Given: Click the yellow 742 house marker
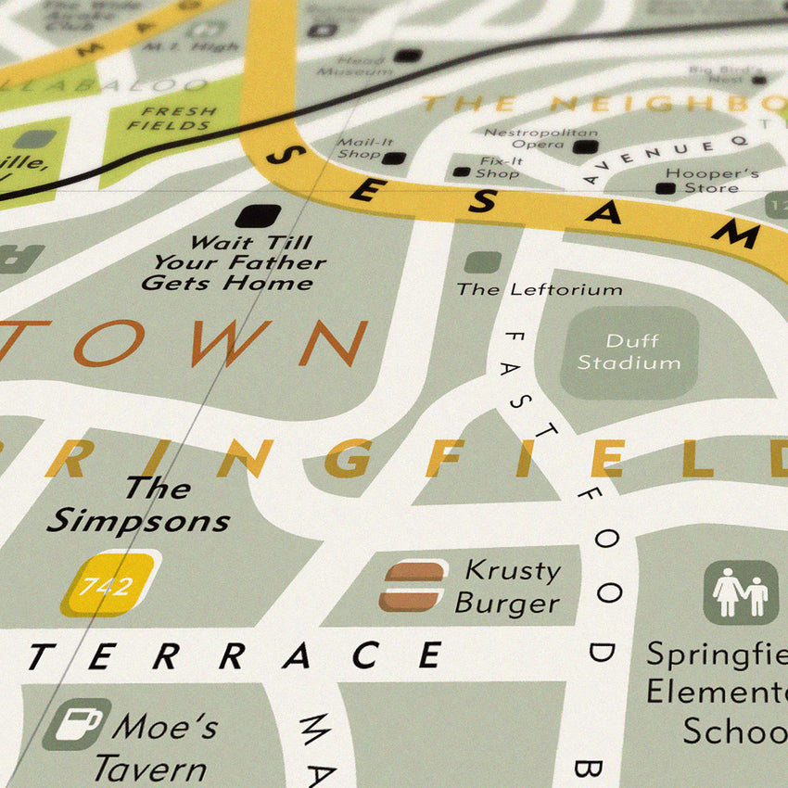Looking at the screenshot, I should tap(110, 584).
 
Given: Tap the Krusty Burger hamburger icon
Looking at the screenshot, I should tap(411, 586).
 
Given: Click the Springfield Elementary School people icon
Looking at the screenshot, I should tap(741, 591).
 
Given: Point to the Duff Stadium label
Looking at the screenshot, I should tap(629, 352).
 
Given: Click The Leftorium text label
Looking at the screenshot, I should tap(539, 289).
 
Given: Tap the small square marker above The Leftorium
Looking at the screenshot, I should tap(481, 262).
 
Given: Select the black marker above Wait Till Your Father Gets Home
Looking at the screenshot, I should tap(257, 216).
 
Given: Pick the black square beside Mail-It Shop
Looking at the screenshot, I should tap(394, 159).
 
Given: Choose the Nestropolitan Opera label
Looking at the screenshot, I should tap(527, 139).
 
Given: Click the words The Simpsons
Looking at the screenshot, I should tap(139, 505).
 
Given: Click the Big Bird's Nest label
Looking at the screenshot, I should tap(726, 74).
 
